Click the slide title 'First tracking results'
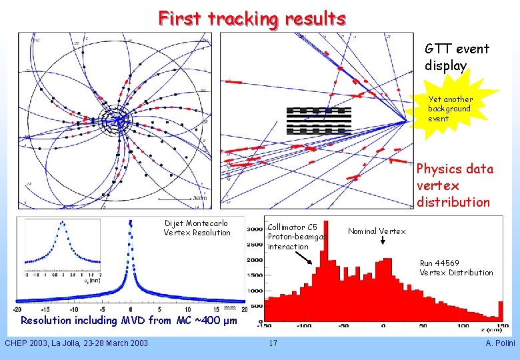[251, 18]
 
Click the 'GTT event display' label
[457, 57]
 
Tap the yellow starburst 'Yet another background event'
[450, 109]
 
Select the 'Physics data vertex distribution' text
[455, 185]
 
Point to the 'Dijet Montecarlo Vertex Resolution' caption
[197, 228]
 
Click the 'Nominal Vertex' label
[377, 231]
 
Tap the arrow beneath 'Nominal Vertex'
[383, 242]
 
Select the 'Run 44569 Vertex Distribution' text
[456, 267]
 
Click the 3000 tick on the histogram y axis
[255, 229]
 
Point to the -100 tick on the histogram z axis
[303, 325]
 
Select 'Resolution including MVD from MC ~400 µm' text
[129, 321]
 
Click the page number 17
[273, 343]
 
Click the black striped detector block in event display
[319, 120]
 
